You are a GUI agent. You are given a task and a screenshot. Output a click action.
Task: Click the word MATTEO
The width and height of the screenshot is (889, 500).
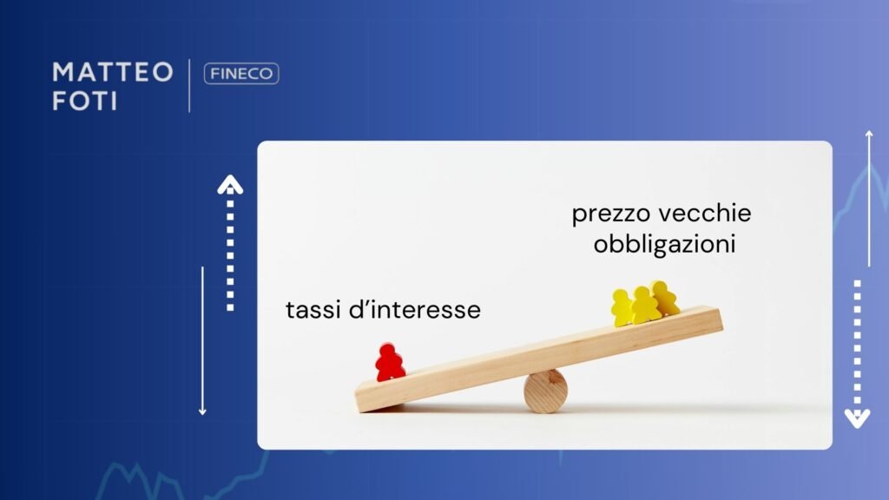coord(113,72)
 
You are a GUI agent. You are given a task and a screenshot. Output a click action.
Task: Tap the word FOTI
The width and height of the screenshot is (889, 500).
coord(84,101)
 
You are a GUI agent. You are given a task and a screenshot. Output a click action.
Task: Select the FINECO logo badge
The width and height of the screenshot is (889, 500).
coord(241,74)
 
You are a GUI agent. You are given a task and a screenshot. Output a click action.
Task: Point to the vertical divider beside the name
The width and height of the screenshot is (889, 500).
coord(189,85)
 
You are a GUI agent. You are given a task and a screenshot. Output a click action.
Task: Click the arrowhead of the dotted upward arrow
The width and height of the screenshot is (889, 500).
coord(230,183)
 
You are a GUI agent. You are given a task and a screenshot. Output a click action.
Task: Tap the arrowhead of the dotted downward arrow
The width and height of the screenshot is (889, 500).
coord(857,419)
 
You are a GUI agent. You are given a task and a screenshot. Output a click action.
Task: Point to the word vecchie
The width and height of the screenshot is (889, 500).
coord(705,214)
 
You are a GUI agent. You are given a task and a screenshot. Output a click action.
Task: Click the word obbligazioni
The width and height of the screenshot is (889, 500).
coord(664,245)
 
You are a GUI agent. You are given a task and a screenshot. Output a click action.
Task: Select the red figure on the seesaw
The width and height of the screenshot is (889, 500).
coord(390,363)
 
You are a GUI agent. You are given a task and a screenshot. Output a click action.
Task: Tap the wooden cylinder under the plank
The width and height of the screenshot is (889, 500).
coord(545,391)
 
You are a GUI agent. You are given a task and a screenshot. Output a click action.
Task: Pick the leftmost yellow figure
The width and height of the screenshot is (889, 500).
coord(622,308)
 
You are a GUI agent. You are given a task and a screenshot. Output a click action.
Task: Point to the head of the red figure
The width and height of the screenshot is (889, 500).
coord(390,350)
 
